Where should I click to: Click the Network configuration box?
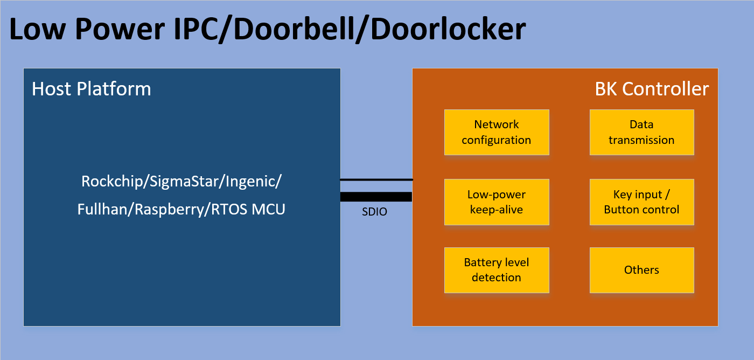pos(497,133)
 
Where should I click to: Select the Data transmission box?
pos(641,133)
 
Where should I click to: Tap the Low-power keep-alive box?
pos(497,202)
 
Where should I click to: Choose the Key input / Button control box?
pos(641,202)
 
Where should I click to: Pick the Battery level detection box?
pos(497,270)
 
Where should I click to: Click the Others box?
pos(641,270)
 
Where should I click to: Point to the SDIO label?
pos(374,212)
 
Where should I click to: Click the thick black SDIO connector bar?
pos(376,197)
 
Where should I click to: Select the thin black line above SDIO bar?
pos(376,179)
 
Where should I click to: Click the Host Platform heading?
pos(92,89)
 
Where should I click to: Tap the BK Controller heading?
pos(652,89)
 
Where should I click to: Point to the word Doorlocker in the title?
pos(448,30)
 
